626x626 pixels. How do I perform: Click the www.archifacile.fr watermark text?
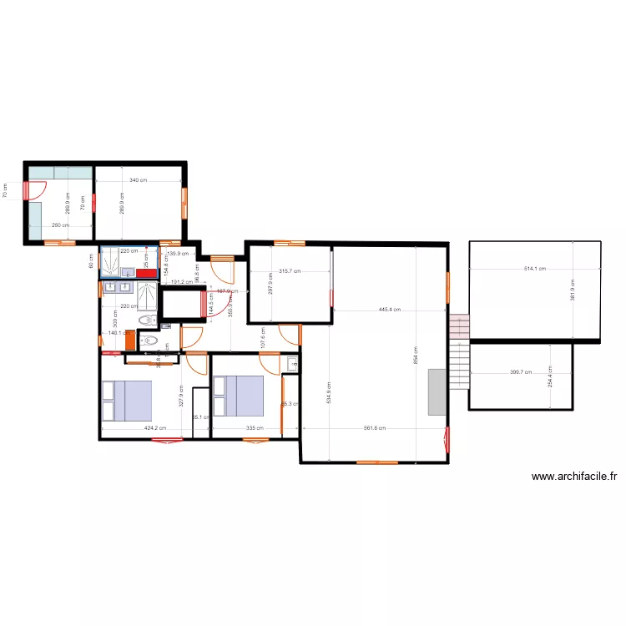[x=574, y=477]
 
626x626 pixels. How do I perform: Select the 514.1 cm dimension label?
[x=534, y=269]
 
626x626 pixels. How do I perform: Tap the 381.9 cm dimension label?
[x=573, y=290]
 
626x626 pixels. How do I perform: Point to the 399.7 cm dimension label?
[x=521, y=372]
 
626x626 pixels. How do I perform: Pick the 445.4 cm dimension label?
[x=390, y=310]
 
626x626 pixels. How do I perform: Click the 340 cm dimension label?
[x=139, y=180]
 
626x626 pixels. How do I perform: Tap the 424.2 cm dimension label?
[x=156, y=429]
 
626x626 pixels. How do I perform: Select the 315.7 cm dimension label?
[x=290, y=271]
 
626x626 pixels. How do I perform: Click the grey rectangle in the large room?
[x=437, y=392]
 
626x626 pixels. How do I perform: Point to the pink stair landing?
[x=459, y=326]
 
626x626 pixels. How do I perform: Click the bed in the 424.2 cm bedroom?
[x=127, y=401]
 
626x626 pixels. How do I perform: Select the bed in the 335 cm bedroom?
[x=238, y=395]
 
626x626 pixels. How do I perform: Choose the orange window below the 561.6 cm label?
[x=377, y=462]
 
